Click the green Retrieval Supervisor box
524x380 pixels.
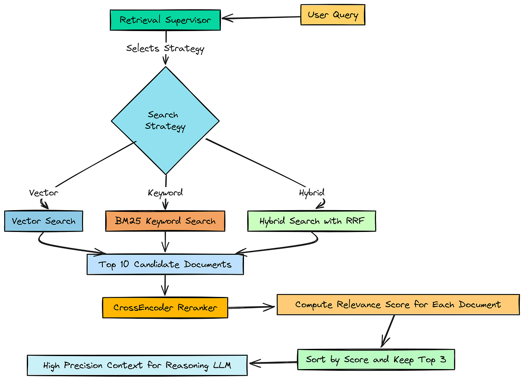[165, 20]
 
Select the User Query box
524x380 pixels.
[332, 15]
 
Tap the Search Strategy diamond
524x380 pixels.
[165, 121]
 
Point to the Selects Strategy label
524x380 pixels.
[165, 48]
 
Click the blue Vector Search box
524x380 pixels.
[44, 221]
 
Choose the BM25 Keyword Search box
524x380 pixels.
[165, 221]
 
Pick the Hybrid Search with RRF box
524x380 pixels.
[311, 221]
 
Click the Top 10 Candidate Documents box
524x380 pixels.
[165, 264]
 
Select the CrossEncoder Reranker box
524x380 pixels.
[165, 307]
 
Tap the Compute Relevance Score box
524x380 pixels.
[398, 305]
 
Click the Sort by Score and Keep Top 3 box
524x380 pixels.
[376, 359]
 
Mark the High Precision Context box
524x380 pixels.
[137, 365]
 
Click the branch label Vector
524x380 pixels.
[44, 193]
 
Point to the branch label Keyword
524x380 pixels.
[165, 193]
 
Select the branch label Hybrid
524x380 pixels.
[311, 193]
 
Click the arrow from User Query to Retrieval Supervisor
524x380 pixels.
[261, 18]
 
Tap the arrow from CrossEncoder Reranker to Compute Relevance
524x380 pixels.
[252, 307]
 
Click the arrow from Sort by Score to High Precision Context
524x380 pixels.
[272, 362]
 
